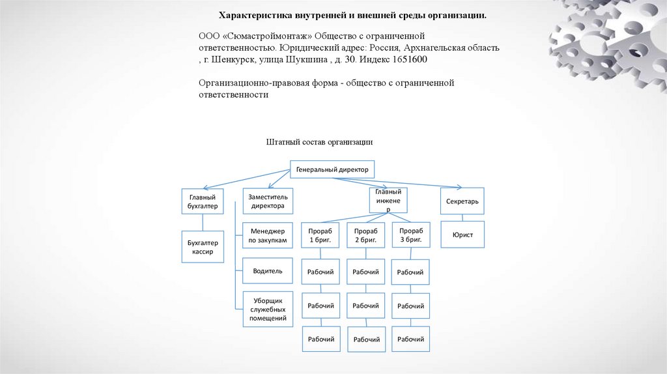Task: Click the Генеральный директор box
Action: (332, 169)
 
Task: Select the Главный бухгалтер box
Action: (201, 201)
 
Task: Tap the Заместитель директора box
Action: (267, 201)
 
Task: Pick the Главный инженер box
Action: (388, 200)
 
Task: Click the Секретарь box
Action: (462, 201)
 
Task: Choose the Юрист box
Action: (462, 235)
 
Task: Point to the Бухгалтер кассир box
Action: (203, 247)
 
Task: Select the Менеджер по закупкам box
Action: (267, 236)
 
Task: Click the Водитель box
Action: (267, 270)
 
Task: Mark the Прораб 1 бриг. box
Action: (320, 235)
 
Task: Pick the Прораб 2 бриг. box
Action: (365, 235)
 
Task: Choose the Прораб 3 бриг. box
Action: (411, 235)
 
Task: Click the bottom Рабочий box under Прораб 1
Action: (320, 339)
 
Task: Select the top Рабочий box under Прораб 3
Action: (410, 272)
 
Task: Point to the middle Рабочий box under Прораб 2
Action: (365, 306)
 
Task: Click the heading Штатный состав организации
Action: (319, 141)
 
